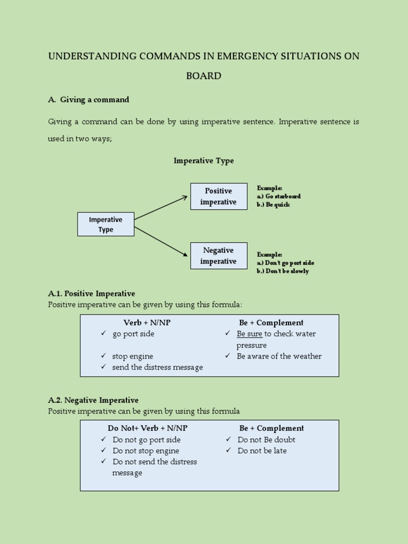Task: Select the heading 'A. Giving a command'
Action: point(89,99)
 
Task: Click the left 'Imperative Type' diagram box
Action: point(106,224)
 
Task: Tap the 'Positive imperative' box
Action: point(218,197)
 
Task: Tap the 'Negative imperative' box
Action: point(218,256)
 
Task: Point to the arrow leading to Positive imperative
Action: point(161,208)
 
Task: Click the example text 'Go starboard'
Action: point(283,196)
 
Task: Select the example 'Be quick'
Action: point(277,205)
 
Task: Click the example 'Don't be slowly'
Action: point(287,271)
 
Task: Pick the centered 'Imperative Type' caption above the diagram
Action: point(203,160)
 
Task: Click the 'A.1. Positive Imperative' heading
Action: point(91,293)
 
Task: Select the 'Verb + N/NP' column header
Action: point(147,322)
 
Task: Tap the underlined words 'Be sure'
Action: point(249,334)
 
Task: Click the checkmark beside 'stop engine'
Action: point(104,356)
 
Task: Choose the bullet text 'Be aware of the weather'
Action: point(279,356)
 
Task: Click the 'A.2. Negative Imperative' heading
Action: point(93,400)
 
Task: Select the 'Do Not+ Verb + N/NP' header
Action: point(148,428)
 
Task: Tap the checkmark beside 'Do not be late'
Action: point(228,450)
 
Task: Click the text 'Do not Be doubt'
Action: point(266,439)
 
